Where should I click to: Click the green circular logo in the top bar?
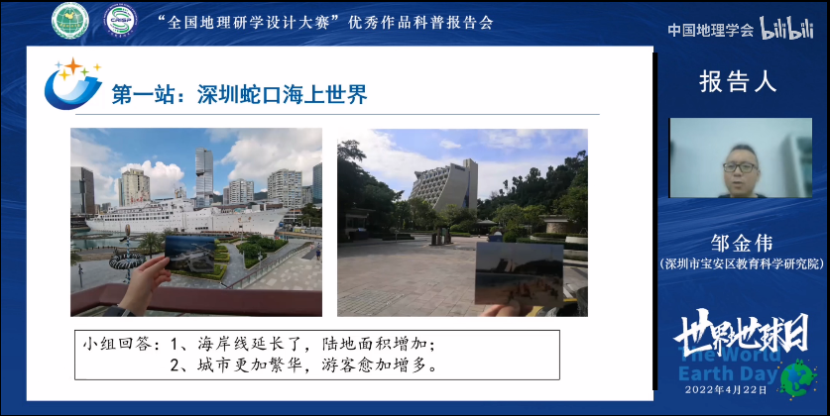(x=70, y=20)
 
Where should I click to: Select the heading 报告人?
(x=738, y=80)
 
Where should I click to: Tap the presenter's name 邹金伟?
(x=741, y=242)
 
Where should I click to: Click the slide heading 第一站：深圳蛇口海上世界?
(x=239, y=95)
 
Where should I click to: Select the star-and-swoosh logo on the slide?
(x=71, y=84)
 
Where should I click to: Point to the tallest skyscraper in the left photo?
(x=203, y=172)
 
